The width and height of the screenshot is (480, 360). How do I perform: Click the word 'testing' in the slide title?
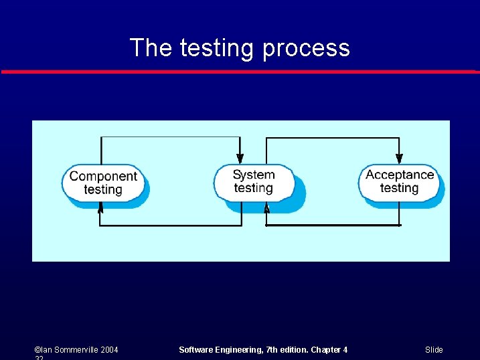(x=217, y=48)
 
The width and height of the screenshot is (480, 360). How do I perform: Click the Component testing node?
(x=103, y=183)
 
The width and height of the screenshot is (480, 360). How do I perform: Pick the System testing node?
(x=254, y=181)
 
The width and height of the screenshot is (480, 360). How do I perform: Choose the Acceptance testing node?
(x=400, y=181)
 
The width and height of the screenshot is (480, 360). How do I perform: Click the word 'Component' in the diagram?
(x=103, y=176)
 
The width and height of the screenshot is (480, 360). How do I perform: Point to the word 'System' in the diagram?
(x=254, y=175)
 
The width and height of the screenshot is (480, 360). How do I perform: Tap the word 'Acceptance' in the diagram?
(x=400, y=175)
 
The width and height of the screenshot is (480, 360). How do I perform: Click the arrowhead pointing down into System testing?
(x=240, y=158)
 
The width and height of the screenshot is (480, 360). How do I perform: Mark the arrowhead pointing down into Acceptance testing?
(x=400, y=158)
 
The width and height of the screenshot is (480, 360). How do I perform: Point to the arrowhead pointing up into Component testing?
(x=100, y=208)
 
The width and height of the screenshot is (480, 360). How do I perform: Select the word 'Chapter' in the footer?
(x=323, y=350)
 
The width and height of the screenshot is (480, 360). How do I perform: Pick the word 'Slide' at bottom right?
(x=434, y=350)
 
